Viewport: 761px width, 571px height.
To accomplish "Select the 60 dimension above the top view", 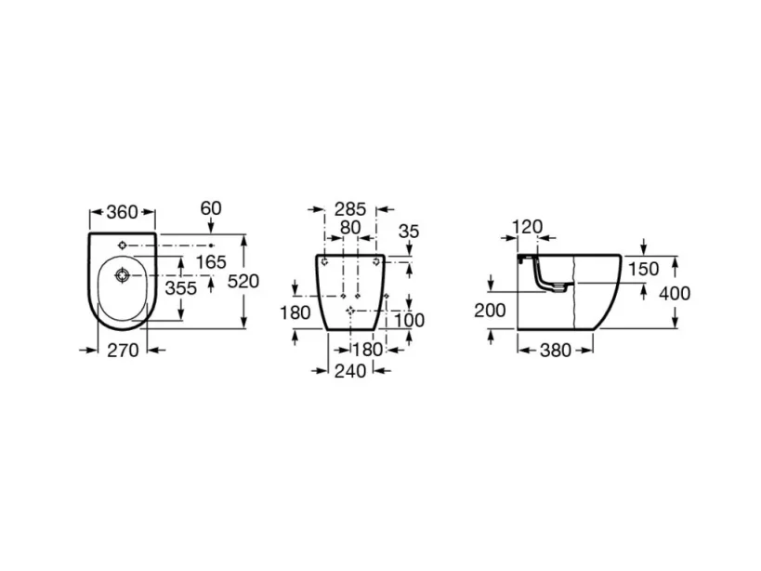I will tap(211, 208).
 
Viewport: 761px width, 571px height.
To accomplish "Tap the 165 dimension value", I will tap(211, 262).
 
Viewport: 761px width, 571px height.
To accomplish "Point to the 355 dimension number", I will tap(180, 288).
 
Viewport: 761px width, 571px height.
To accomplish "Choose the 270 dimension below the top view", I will tap(123, 351).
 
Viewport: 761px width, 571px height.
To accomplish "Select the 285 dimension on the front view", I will tap(349, 208).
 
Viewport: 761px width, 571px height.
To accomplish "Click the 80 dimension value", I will tap(349, 228).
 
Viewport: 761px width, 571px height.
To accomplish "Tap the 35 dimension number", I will tap(408, 232).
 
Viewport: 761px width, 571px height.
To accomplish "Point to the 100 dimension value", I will tap(409, 321).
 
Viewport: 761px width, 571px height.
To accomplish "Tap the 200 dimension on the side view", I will tap(490, 310).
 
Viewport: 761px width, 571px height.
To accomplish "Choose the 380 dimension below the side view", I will tap(556, 351).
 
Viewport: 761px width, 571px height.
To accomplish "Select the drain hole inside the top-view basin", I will tap(122, 276).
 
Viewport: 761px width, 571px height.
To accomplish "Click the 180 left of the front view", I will tap(295, 313).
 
